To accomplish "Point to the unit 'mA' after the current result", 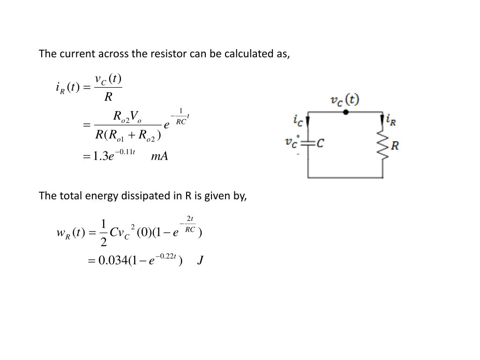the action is (x=159, y=157).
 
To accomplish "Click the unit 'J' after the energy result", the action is (x=200, y=261).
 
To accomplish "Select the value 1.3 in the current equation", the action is (x=100, y=157).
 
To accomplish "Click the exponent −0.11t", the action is (x=125, y=151).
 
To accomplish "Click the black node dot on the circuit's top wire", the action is (x=345, y=112).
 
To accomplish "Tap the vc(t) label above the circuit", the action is (x=345, y=100).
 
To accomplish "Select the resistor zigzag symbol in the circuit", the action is (x=383, y=145).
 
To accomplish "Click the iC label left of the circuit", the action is (x=298, y=120).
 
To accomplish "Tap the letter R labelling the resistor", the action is (x=395, y=146).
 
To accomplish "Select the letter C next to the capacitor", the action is (x=320, y=143).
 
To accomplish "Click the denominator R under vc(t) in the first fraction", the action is (x=108, y=97).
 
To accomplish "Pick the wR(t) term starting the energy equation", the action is (x=70, y=232).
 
